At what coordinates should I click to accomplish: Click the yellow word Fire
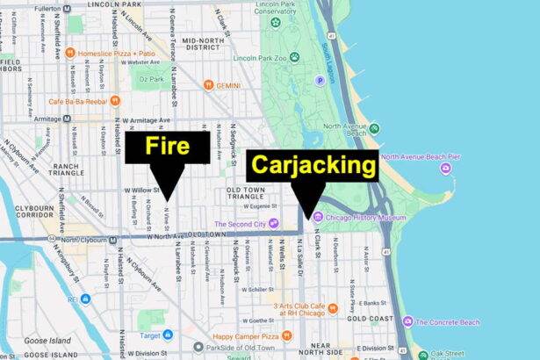167,147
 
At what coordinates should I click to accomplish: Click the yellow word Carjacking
312,165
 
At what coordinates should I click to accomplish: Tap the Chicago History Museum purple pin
318,216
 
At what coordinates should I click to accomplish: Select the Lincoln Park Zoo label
262,58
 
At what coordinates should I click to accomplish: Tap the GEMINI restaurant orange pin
209,84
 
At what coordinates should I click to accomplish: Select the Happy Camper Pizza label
246,336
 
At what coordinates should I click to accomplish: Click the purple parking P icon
320,80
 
